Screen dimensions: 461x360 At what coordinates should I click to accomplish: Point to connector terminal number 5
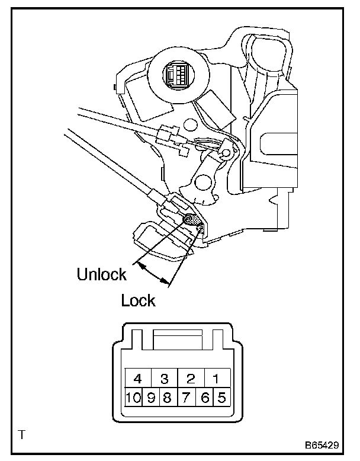pyautogui.click(x=221, y=398)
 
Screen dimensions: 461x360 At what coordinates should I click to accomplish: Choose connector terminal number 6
pyautogui.click(x=205, y=398)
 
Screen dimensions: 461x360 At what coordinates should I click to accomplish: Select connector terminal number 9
pyautogui.click(x=151, y=398)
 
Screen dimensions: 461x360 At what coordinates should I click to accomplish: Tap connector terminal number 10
pyautogui.click(x=133, y=398)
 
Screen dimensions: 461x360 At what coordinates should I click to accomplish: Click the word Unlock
pyautogui.click(x=102, y=274)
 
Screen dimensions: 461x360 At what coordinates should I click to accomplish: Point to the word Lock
pyautogui.click(x=138, y=300)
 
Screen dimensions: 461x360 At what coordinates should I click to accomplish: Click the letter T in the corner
pyautogui.click(x=22, y=435)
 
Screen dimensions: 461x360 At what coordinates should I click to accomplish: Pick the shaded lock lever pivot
pyautogui.click(x=191, y=219)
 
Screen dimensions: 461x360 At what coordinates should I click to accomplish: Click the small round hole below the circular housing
pyautogui.click(x=189, y=124)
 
